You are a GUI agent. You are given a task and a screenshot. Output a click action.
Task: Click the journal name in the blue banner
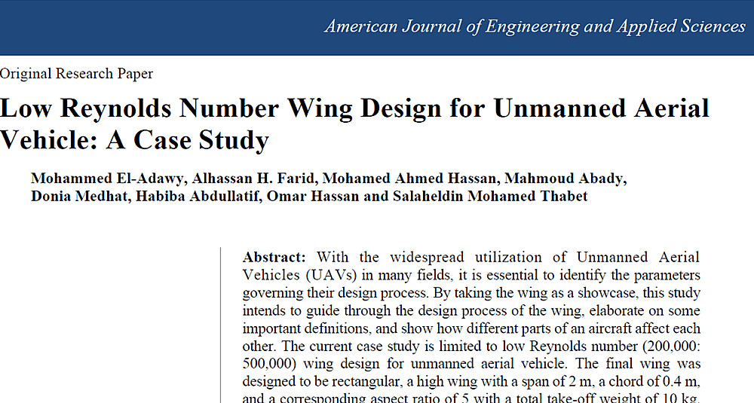pyautogui.click(x=535, y=26)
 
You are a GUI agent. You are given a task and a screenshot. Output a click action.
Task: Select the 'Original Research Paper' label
pyautogui.click(x=76, y=74)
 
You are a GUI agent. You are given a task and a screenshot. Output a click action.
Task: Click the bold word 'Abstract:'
pyautogui.click(x=274, y=257)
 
